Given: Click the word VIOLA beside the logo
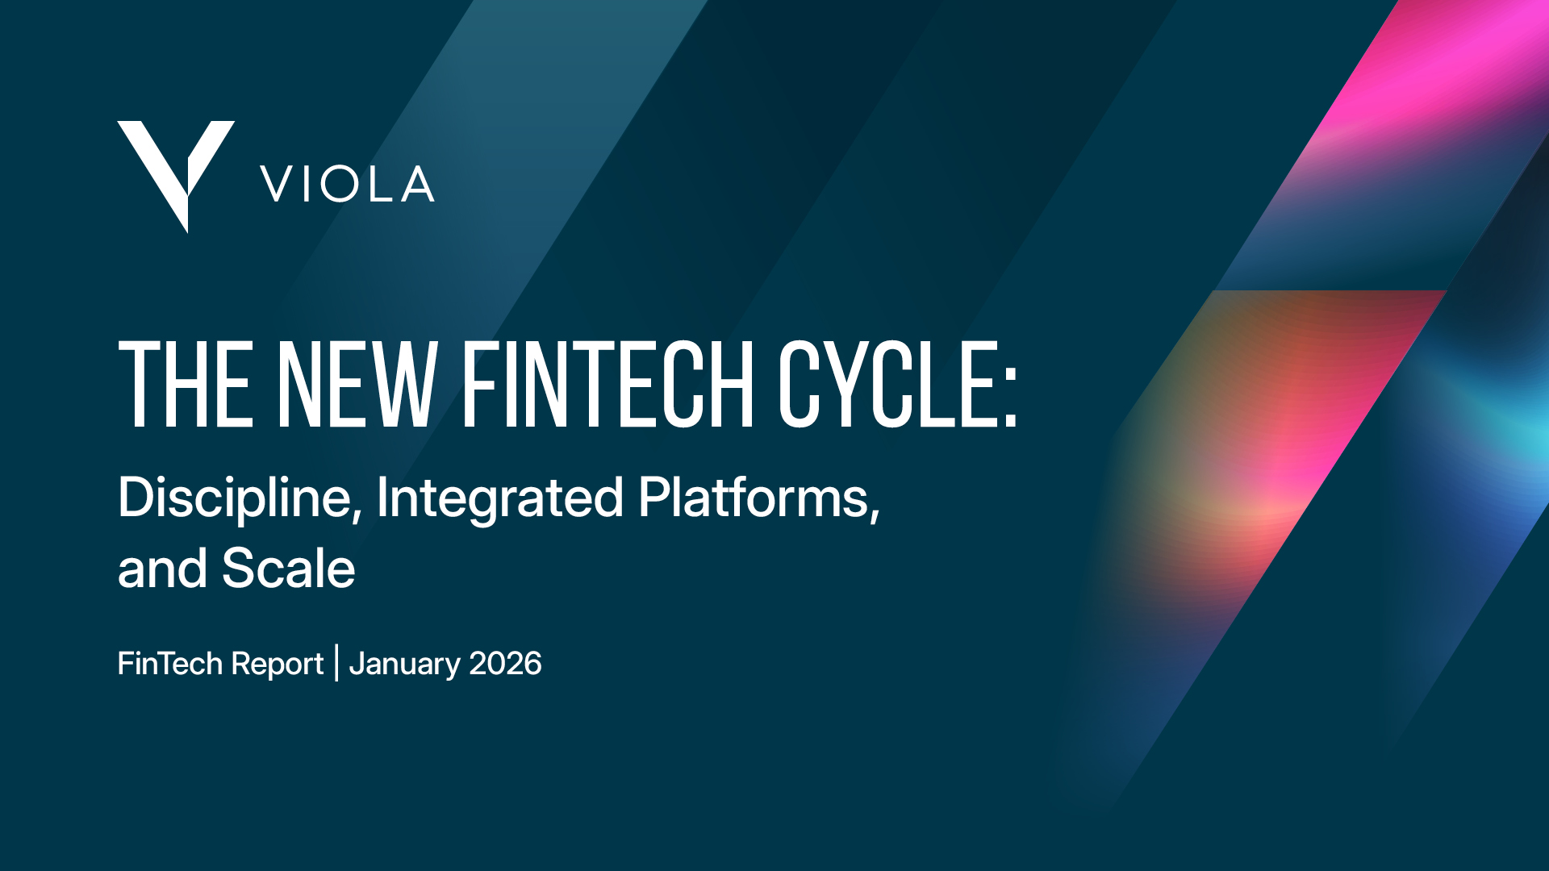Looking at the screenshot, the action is click(x=348, y=184).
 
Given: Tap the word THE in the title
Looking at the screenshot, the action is click(x=186, y=384).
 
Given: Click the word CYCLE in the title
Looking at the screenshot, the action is click(x=887, y=384).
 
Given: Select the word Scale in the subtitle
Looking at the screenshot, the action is click(x=288, y=569).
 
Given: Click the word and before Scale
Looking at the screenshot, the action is click(x=162, y=569).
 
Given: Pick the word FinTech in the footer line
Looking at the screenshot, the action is click(x=169, y=664).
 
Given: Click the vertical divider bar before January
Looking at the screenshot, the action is click(x=336, y=663).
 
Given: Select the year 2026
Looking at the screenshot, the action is click(x=505, y=664).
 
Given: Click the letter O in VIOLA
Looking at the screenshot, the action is click(x=340, y=184).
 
